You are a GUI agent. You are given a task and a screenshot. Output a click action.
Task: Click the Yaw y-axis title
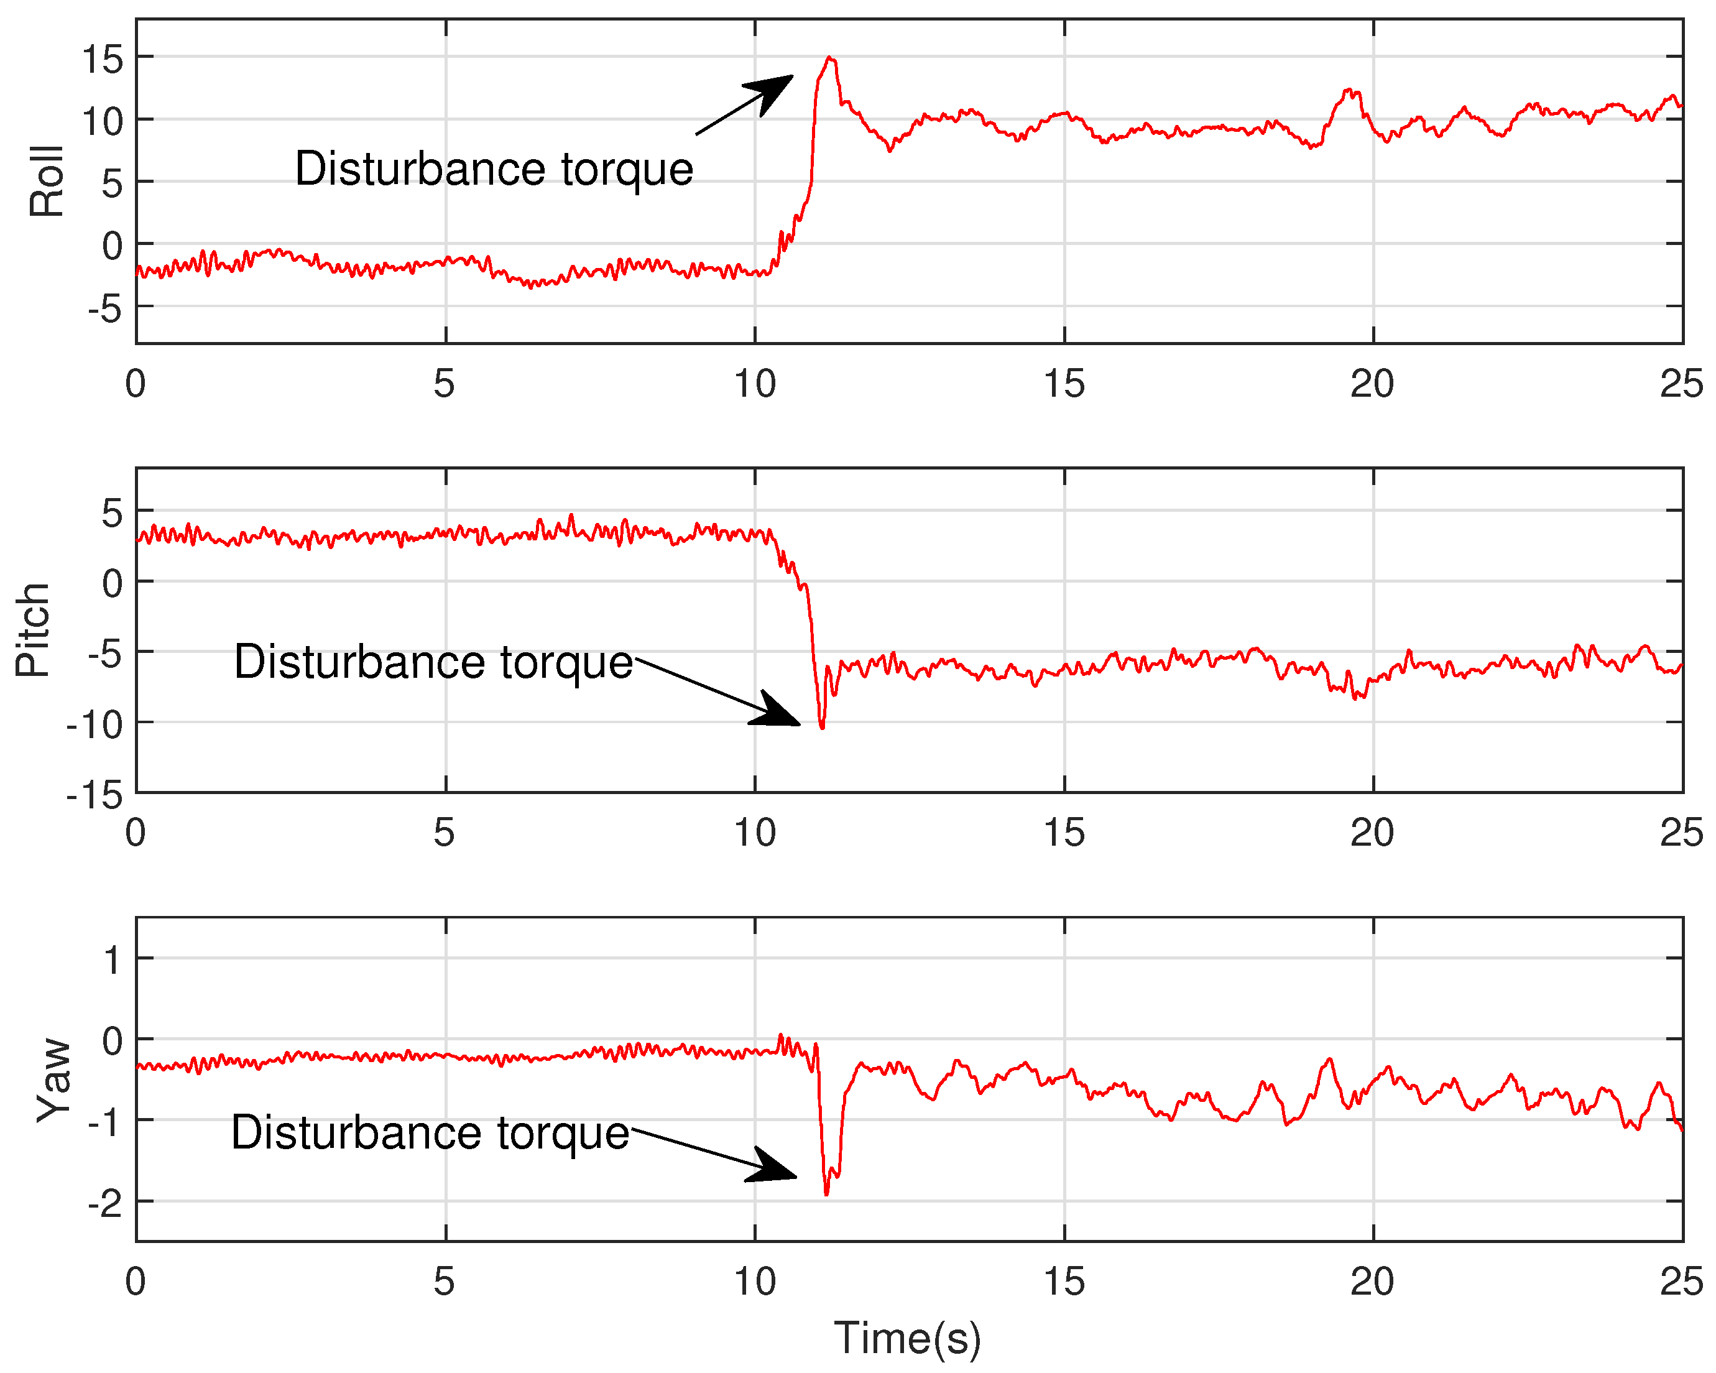[x=54, y=1080]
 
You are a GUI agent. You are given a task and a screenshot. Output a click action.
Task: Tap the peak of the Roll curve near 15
[x=830, y=58]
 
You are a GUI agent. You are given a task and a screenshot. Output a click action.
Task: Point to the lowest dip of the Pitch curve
[x=822, y=728]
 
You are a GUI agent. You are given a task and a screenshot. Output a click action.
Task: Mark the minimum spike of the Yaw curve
[x=826, y=1194]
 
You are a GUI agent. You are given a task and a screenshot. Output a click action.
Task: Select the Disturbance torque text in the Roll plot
[x=494, y=170]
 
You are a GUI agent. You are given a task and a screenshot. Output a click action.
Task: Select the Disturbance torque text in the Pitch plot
[x=433, y=662]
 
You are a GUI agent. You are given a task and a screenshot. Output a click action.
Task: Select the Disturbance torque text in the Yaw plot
[x=430, y=1132]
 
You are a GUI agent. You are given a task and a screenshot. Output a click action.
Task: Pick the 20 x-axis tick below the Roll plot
[x=1372, y=384]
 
